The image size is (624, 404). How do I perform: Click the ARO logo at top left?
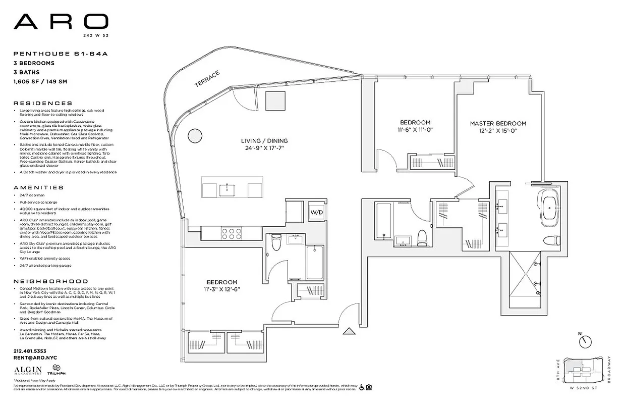pos(61,22)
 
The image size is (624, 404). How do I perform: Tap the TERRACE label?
pos(208,79)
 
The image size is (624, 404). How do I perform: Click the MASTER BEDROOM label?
pos(498,123)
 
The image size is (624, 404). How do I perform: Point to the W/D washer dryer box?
pos(316,212)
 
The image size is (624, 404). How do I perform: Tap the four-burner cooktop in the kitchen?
pos(231,233)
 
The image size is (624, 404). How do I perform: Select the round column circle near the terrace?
pos(194,135)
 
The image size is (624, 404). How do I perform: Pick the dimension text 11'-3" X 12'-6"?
pos(222,290)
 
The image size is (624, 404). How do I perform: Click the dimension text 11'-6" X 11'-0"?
pos(415,130)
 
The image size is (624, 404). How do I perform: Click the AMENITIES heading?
pos(39,187)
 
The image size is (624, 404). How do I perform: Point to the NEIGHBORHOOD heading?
pos(50,281)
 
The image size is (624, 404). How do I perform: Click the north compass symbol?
pos(584,341)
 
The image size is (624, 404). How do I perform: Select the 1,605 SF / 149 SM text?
pos(40,81)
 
